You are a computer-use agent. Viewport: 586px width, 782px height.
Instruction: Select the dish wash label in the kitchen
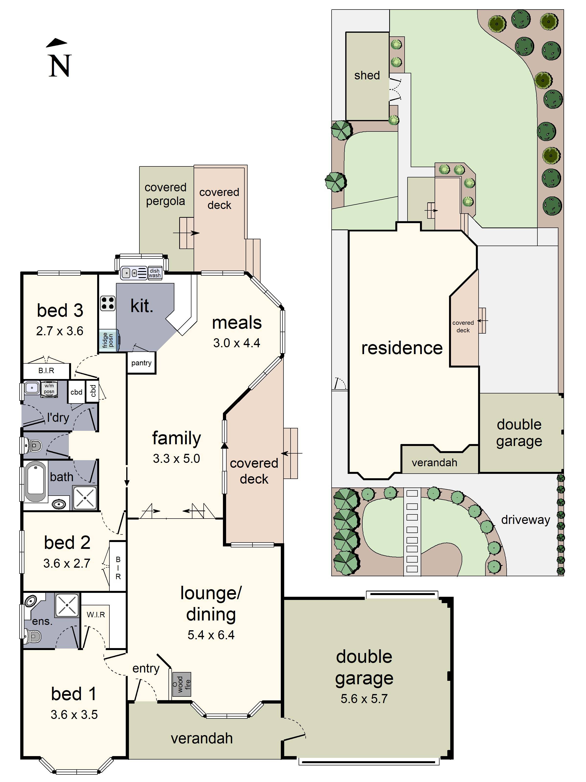tap(155, 273)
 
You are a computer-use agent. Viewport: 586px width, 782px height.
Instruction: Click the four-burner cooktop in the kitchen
tap(108, 303)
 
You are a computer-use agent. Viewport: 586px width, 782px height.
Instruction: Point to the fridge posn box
tap(108, 340)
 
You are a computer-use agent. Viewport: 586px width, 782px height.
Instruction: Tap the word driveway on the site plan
tap(525, 520)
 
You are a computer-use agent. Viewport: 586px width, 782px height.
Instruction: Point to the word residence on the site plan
tap(402, 348)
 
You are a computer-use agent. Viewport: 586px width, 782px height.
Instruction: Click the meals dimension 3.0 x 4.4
tap(236, 343)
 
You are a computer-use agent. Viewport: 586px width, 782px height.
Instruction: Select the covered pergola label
tap(165, 194)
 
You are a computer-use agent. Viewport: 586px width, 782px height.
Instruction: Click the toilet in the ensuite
tap(33, 636)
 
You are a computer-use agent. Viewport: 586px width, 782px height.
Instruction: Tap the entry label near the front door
tap(146, 669)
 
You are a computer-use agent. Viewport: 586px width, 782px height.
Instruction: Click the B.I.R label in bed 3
tap(46, 370)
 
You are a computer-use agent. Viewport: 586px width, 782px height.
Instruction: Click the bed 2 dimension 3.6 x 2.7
tap(67, 563)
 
